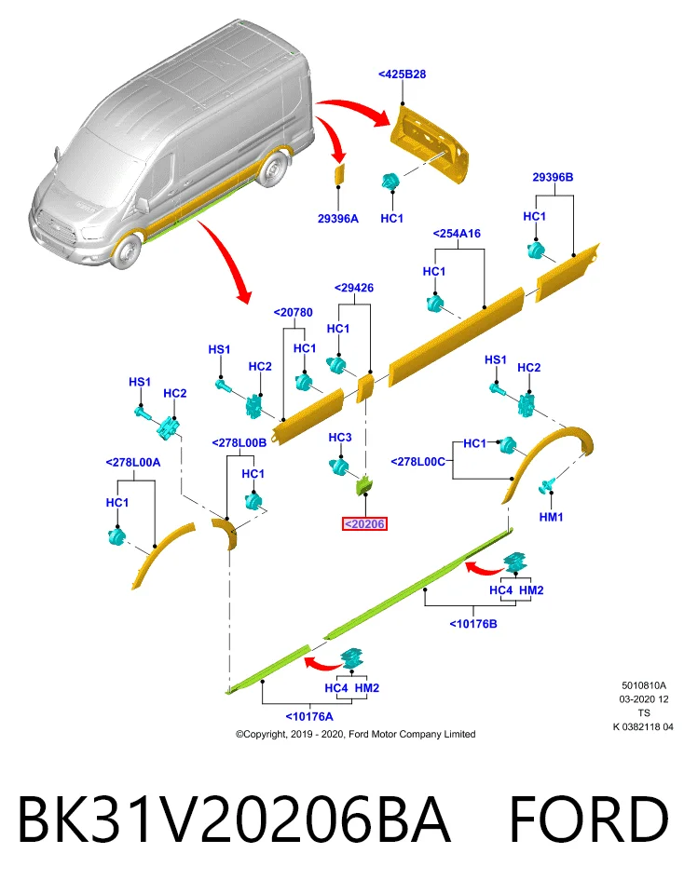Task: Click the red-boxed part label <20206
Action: (x=364, y=524)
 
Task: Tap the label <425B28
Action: (x=403, y=74)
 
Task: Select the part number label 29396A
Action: (x=338, y=218)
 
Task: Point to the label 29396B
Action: (x=553, y=177)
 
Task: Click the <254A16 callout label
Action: (x=457, y=233)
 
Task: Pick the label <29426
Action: (x=354, y=288)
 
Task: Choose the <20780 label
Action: (x=294, y=313)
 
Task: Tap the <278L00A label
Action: (x=133, y=463)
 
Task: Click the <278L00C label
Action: (x=418, y=461)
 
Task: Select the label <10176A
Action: (x=309, y=717)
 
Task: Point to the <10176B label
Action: (x=472, y=624)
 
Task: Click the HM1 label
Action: (x=551, y=517)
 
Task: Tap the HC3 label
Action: (x=340, y=438)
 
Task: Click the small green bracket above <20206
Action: (x=364, y=484)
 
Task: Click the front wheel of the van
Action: (x=127, y=250)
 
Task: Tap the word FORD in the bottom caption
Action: (x=588, y=819)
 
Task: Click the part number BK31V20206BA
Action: (x=235, y=819)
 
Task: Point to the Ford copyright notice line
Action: (x=356, y=735)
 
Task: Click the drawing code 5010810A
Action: (x=644, y=686)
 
